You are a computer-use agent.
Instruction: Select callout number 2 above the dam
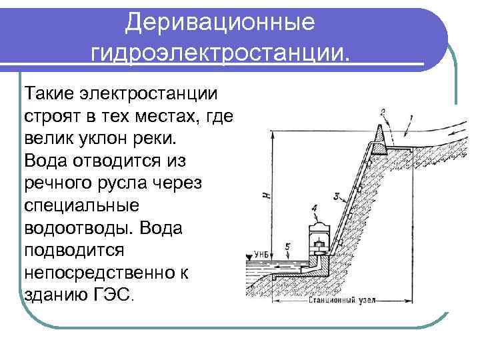click(x=382, y=111)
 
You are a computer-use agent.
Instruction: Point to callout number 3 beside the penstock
click(x=338, y=196)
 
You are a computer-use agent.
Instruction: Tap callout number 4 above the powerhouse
click(x=313, y=209)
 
